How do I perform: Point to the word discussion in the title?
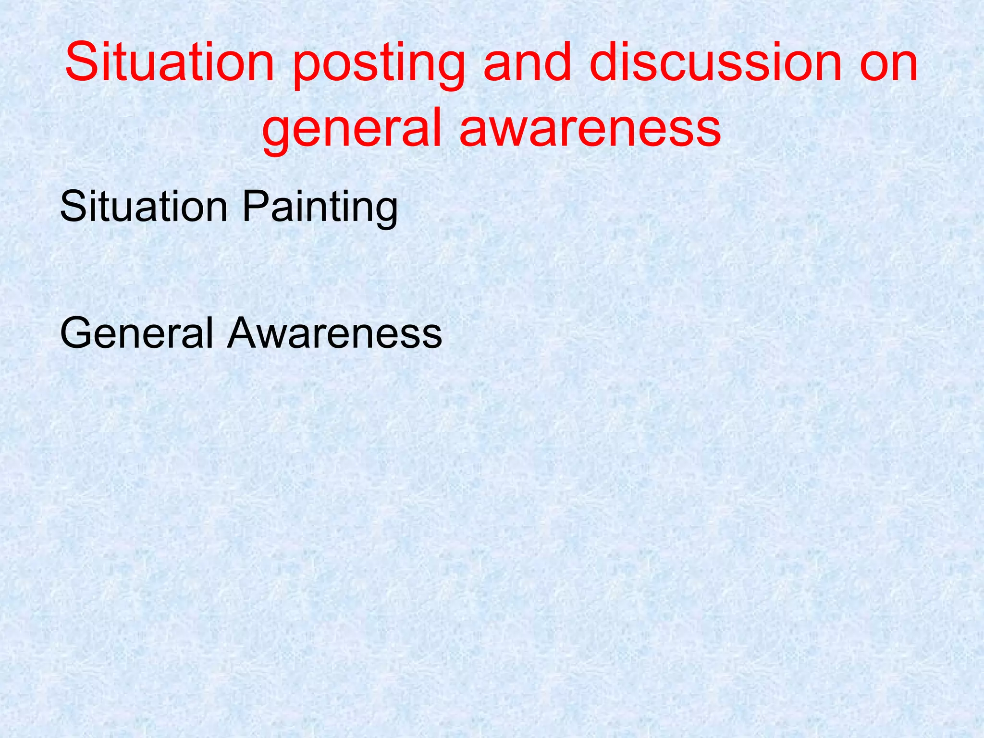tap(716, 62)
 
